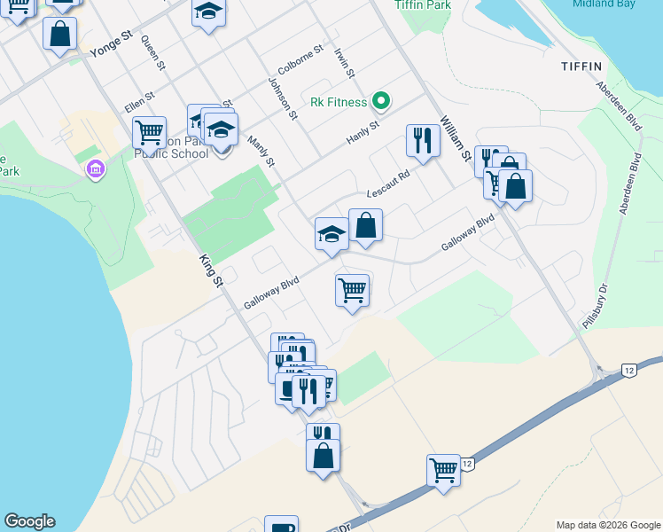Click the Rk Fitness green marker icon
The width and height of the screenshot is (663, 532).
pos(382,102)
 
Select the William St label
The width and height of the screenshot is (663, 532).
pos(454,139)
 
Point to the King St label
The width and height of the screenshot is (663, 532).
pos(209,270)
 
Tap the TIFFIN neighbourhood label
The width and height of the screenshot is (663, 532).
pos(581,66)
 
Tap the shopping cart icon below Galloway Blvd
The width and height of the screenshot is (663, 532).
pos(352,289)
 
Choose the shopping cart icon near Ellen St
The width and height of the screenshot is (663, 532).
pos(149,133)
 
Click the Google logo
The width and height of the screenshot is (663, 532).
pos(29,521)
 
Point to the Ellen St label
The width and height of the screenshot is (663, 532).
pos(140,101)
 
